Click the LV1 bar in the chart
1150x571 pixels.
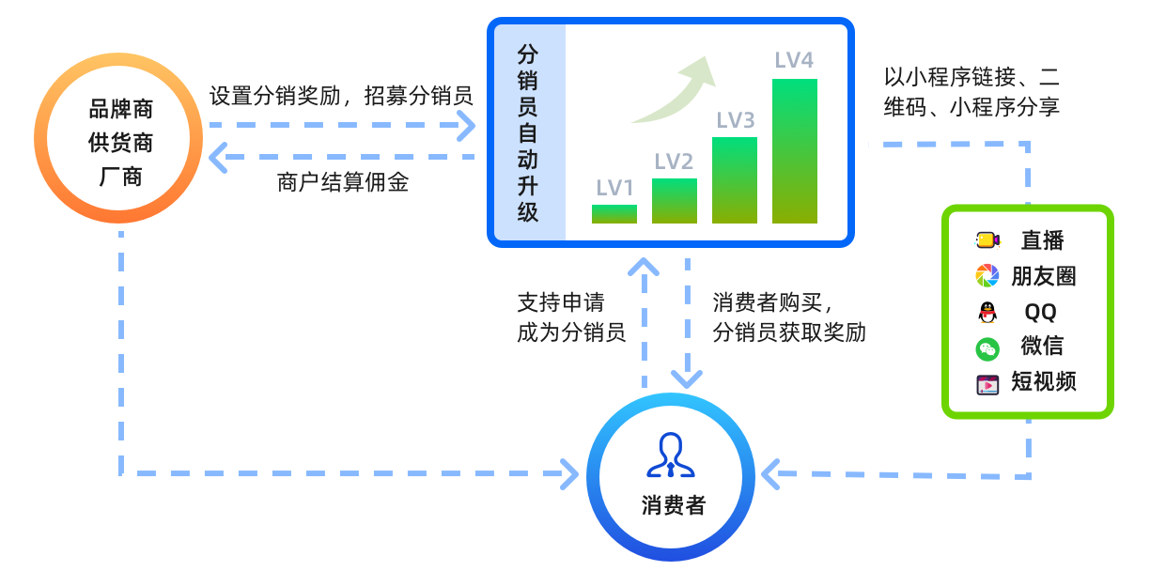point(614,214)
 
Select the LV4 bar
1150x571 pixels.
point(795,150)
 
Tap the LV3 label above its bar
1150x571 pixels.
point(736,120)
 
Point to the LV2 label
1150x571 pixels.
point(674,162)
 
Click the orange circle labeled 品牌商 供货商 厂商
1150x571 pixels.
point(118,143)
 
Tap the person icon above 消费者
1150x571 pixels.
point(671,455)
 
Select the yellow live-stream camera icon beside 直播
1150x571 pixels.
point(987,240)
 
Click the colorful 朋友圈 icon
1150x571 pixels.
point(987,275)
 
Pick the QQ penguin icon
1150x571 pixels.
point(987,312)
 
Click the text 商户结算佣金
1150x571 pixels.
point(343,182)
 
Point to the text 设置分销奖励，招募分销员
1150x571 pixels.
point(340,96)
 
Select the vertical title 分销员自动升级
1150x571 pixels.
point(528,132)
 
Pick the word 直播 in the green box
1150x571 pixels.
point(1043,240)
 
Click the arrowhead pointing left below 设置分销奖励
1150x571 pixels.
point(219,158)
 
